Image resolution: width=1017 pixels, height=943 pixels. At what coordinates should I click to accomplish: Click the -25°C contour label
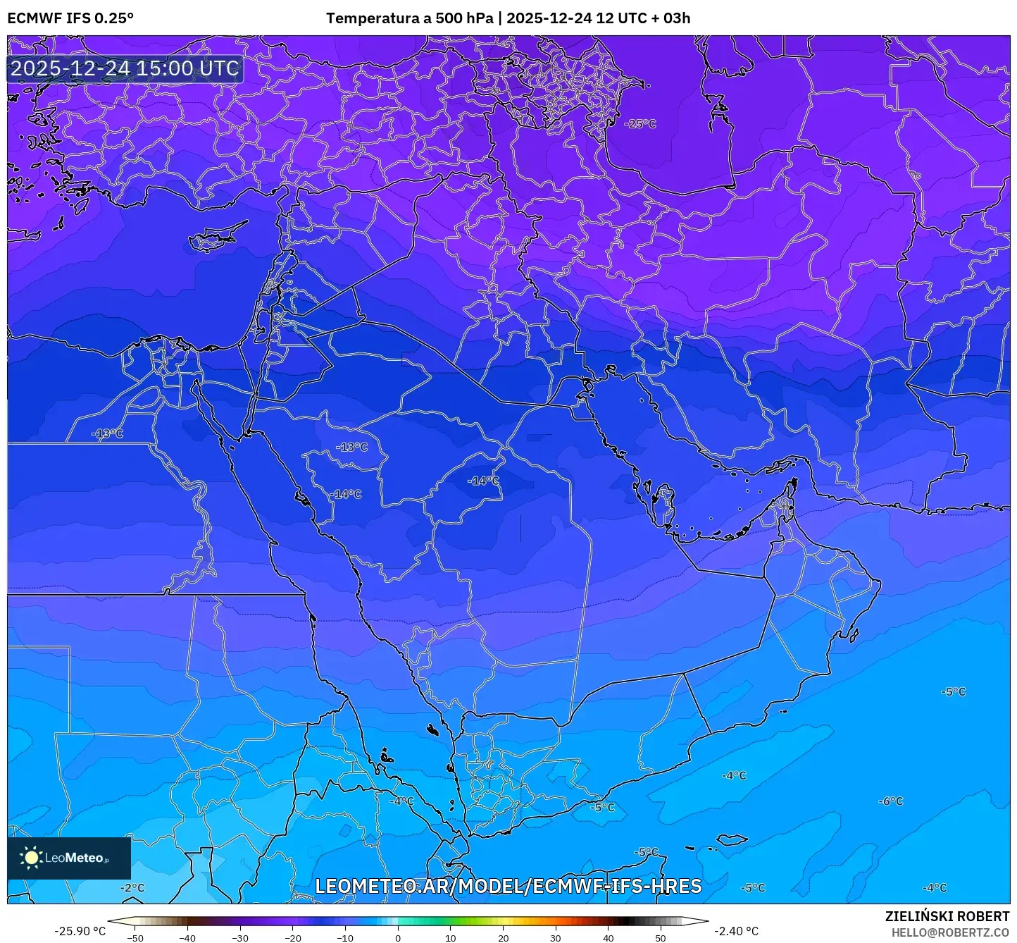[640, 124]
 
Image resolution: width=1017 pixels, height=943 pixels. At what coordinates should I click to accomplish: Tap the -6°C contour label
[890, 801]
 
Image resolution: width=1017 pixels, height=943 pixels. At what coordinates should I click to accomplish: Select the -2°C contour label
[132, 888]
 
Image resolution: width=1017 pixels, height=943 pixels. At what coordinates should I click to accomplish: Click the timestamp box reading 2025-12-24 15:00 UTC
[125, 68]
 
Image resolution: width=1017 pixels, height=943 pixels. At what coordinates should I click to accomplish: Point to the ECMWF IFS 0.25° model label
[70, 18]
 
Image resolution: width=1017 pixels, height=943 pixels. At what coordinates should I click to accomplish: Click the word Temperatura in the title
[373, 18]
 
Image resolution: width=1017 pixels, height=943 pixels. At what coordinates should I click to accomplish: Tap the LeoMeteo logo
[69, 858]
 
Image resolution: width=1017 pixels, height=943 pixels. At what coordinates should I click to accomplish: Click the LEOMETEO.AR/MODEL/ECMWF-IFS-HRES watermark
[508, 886]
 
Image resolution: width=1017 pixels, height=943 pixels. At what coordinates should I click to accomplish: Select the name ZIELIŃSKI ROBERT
[947, 916]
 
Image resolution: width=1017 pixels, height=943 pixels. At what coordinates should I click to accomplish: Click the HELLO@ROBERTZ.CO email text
[950, 932]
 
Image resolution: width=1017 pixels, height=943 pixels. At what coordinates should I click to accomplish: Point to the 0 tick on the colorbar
[398, 937]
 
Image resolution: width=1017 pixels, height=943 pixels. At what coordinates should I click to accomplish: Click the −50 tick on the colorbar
[135, 937]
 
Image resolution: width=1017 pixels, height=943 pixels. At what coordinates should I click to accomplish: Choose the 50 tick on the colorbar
[661, 937]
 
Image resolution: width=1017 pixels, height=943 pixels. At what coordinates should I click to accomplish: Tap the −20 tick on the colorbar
[292, 937]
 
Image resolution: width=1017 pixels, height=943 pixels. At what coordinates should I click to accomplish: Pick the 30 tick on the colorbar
[556, 937]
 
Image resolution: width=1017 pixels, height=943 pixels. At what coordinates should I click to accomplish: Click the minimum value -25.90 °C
[80, 931]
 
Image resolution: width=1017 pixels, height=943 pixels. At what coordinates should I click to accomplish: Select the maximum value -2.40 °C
[737, 931]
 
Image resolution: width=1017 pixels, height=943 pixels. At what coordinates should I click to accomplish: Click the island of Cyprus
[215, 239]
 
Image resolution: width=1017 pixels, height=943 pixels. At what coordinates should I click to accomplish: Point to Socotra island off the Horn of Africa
[732, 839]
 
